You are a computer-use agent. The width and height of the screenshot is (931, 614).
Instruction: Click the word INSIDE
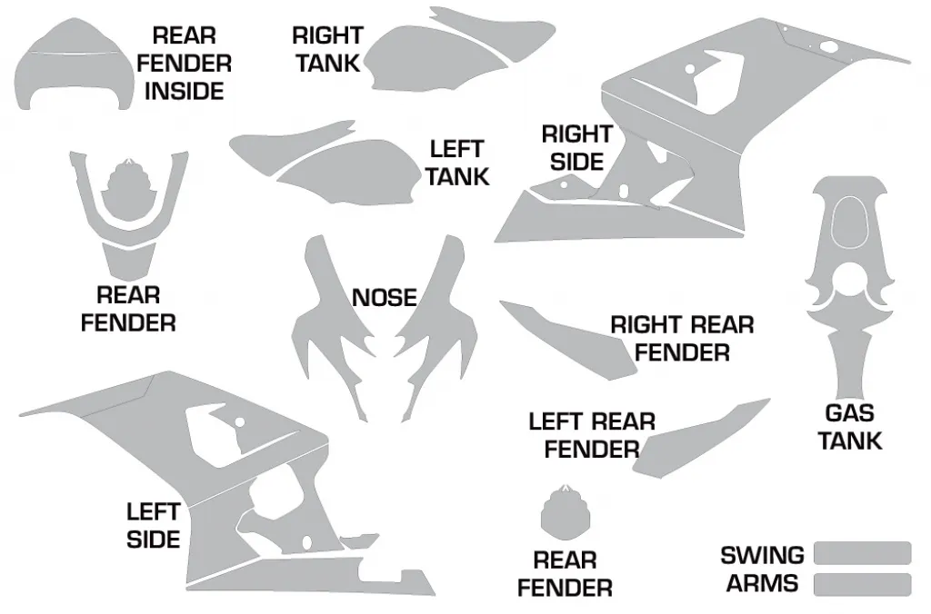click(x=184, y=92)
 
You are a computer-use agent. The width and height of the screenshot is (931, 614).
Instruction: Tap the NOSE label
click(x=385, y=298)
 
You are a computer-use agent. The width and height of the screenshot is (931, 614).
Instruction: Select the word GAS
click(x=849, y=413)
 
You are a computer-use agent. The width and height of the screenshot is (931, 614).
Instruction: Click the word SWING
click(x=763, y=556)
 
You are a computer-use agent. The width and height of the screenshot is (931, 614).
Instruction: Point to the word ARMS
click(x=763, y=583)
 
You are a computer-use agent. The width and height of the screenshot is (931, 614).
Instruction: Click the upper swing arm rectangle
click(x=862, y=553)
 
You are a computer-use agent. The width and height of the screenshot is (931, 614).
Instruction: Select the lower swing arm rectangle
click(x=862, y=584)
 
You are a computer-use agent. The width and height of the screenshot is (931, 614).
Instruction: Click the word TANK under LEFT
click(x=457, y=177)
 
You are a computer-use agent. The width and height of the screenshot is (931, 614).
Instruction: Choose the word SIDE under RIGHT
click(x=576, y=162)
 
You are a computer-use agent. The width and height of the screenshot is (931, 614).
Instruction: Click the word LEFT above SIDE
click(x=153, y=512)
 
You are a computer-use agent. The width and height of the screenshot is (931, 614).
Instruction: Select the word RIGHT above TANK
click(x=327, y=35)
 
